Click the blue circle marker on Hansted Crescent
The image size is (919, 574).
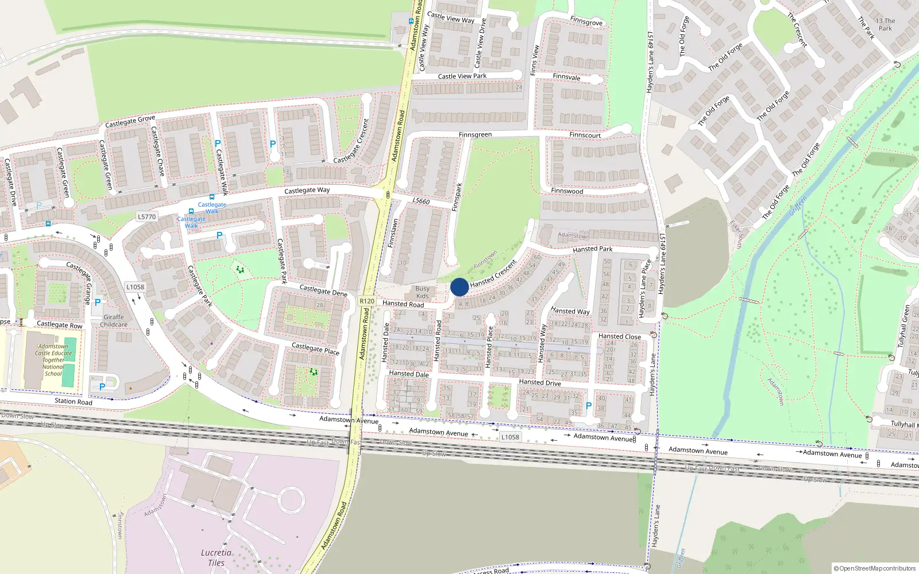(x=459, y=287)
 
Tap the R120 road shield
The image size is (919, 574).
(x=367, y=301)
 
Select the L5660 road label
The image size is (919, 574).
(x=421, y=201)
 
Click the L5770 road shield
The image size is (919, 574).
(x=146, y=216)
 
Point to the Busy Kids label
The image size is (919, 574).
(x=422, y=292)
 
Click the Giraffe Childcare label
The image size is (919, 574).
(x=114, y=320)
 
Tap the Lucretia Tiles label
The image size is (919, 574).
(x=217, y=557)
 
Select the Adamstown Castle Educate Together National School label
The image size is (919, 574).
(x=53, y=360)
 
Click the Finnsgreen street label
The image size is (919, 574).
(x=475, y=135)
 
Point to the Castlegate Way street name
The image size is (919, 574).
(x=307, y=190)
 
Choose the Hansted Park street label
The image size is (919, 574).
(x=592, y=249)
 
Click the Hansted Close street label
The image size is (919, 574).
(x=619, y=336)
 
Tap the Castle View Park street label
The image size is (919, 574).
(x=462, y=76)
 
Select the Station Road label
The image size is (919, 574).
(x=74, y=401)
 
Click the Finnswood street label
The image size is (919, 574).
(x=567, y=191)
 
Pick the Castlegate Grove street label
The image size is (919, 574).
(x=130, y=121)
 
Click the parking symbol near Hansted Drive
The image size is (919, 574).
(x=588, y=406)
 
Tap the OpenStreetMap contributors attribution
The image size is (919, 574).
(x=875, y=568)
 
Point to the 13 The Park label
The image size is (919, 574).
(x=885, y=24)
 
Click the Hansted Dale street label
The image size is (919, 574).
(x=409, y=374)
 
